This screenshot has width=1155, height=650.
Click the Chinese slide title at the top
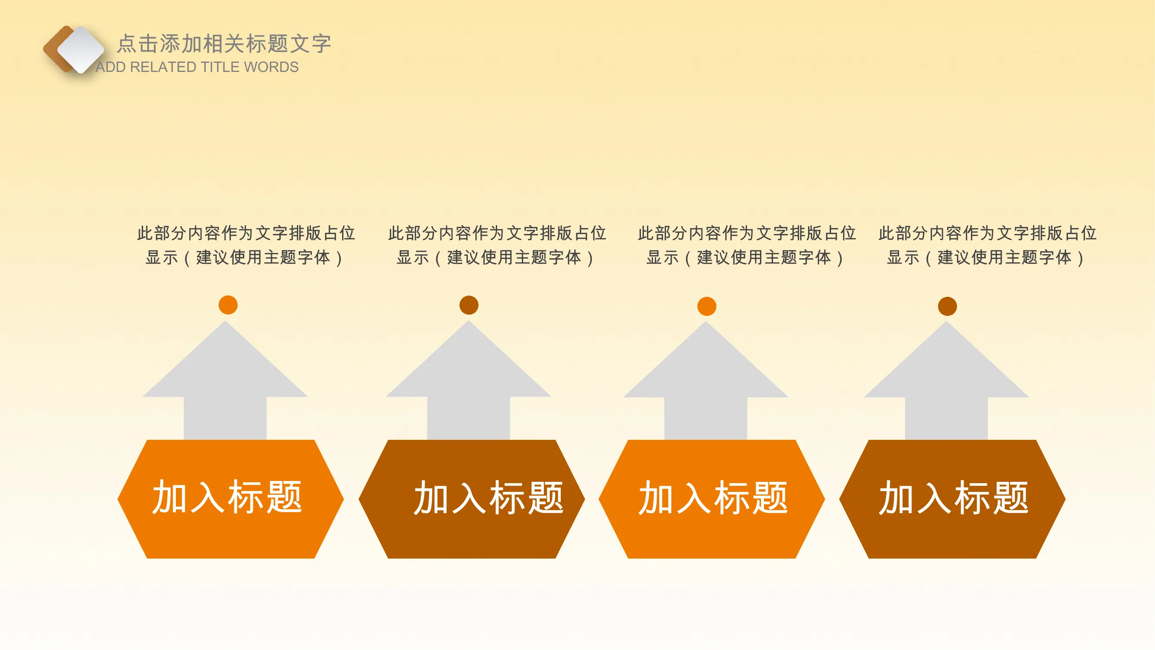(224, 43)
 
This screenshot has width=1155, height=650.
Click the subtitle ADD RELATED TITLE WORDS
(197, 67)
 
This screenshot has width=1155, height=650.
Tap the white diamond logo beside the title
(81, 49)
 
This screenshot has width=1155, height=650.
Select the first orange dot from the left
(228, 305)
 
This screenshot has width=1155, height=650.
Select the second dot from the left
(469, 305)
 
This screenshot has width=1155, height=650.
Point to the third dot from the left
(707, 306)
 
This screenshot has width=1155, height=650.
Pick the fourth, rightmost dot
(948, 306)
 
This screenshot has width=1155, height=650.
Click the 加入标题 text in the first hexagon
(227, 497)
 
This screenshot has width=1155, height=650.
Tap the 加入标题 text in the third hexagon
(713, 497)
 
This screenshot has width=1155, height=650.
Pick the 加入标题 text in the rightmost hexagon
(954, 497)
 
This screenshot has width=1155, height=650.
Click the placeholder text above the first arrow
(246, 245)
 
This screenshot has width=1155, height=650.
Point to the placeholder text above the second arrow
(497, 245)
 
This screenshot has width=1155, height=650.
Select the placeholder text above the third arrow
(747, 245)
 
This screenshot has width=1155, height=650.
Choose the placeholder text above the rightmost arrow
(988, 245)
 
